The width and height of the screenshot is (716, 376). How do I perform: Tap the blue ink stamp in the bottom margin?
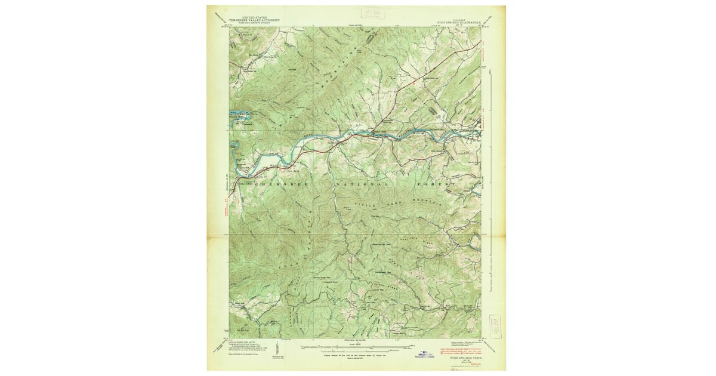point(425,354)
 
